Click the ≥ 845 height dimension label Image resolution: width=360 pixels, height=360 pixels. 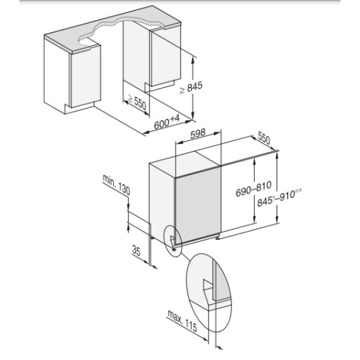click(192, 88)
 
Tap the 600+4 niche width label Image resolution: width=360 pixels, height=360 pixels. click(167, 122)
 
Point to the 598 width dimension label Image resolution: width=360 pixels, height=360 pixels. click(198, 134)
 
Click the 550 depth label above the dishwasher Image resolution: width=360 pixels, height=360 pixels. click(264, 138)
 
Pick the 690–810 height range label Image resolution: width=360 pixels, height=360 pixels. click(253, 189)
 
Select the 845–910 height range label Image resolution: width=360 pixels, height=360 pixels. click(279, 197)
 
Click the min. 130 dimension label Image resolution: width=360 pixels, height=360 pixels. click(117, 184)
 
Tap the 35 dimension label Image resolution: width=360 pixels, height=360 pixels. click(136, 251)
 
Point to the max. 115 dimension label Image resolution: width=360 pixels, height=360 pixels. click(182, 320)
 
